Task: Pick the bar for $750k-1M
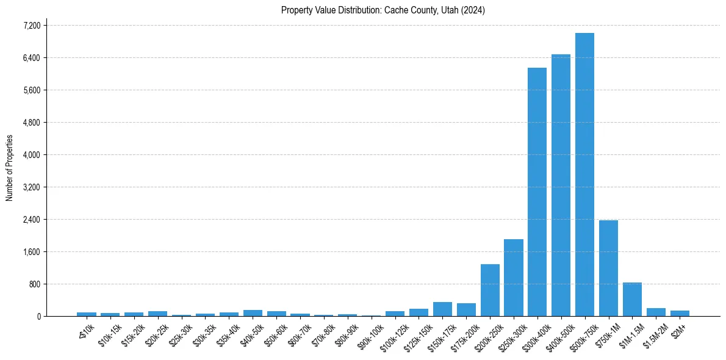(x=608, y=268)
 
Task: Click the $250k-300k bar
(x=513, y=278)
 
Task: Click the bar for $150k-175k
(x=442, y=309)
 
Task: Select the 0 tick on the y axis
(x=38, y=317)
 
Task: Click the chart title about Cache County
(x=383, y=10)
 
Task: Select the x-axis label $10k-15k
(x=110, y=334)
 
